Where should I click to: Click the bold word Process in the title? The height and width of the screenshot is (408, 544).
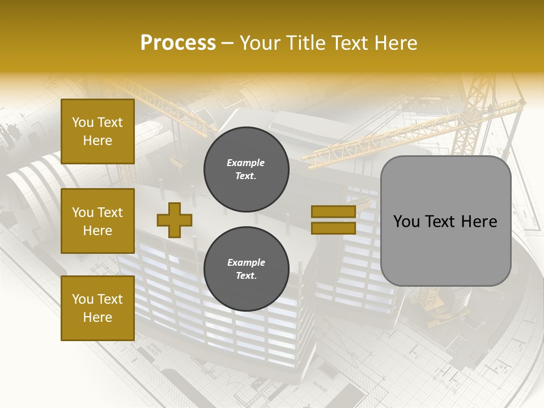(178, 42)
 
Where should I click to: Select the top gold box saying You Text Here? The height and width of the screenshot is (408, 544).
(97, 131)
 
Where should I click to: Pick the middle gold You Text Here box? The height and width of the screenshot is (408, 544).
(97, 221)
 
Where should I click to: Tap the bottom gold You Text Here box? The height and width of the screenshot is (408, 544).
(97, 308)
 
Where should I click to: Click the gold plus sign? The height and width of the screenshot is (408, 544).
(174, 220)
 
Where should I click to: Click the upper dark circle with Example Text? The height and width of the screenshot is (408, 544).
(246, 169)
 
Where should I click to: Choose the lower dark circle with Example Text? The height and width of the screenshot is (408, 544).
(246, 269)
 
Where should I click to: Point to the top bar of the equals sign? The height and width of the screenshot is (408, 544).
(333, 211)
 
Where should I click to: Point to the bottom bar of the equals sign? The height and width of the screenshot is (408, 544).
(333, 228)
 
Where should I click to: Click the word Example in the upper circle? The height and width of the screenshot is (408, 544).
(246, 163)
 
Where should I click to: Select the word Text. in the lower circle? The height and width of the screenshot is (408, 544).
(246, 275)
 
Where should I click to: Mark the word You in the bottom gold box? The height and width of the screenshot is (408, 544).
(83, 299)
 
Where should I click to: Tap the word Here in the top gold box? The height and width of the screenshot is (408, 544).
(97, 141)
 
